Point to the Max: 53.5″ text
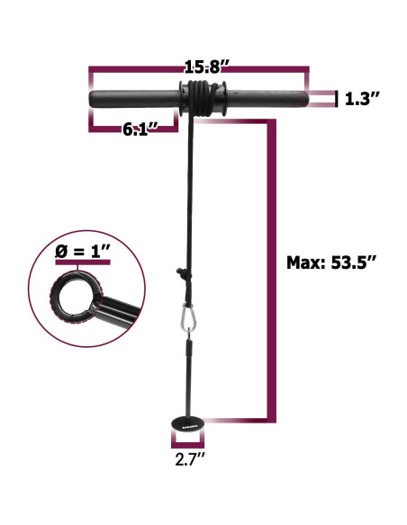327,263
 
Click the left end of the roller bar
95,97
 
